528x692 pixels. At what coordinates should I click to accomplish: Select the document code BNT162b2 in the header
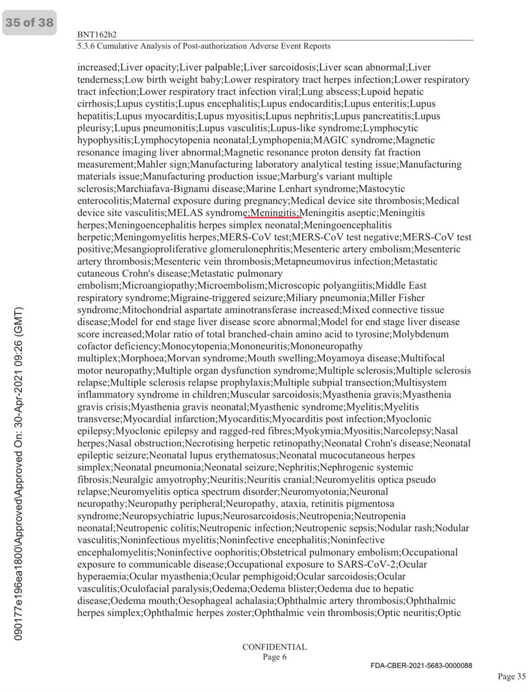[x=101, y=34]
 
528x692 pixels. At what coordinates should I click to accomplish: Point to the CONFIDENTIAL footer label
[x=274, y=646]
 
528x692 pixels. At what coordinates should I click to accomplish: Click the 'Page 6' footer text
[x=274, y=656]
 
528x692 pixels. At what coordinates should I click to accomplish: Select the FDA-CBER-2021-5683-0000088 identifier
[x=421, y=665]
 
